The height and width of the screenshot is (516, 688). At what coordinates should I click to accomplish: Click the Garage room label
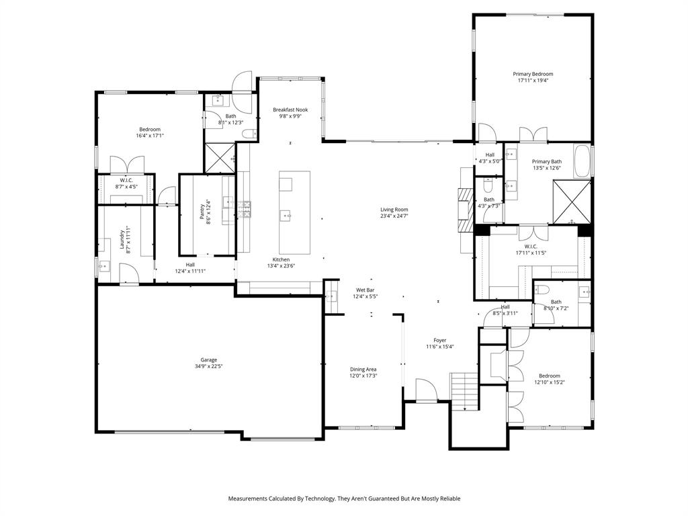(x=208, y=359)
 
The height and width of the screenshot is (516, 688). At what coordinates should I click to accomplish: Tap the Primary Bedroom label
(x=533, y=74)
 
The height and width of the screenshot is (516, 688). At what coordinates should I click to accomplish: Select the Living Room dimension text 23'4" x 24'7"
(x=394, y=216)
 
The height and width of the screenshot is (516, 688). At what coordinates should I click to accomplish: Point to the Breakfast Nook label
(x=290, y=110)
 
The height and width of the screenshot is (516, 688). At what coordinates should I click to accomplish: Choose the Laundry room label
(x=122, y=238)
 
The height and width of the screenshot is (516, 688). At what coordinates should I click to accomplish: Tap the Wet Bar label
(x=366, y=290)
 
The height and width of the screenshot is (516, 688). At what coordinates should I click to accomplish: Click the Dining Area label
(x=363, y=369)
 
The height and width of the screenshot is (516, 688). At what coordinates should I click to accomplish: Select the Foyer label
(x=439, y=340)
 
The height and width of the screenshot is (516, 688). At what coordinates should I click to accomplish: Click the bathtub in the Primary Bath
(x=583, y=161)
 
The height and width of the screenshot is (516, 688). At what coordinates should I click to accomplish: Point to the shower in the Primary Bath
(x=572, y=201)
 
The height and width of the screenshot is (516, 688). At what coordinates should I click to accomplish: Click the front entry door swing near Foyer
(x=425, y=390)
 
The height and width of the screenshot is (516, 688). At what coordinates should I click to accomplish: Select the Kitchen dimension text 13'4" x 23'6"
(x=281, y=267)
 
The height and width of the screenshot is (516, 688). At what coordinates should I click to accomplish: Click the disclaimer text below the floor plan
(x=344, y=499)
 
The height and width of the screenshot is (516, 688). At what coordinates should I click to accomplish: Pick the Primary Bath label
(x=547, y=161)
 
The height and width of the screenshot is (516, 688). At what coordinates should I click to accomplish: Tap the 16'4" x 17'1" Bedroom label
(x=150, y=129)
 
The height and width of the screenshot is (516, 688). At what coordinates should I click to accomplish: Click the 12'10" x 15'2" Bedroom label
(x=549, y=376)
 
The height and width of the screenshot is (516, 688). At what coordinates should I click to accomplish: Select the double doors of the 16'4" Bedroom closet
(x=127, y=165)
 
